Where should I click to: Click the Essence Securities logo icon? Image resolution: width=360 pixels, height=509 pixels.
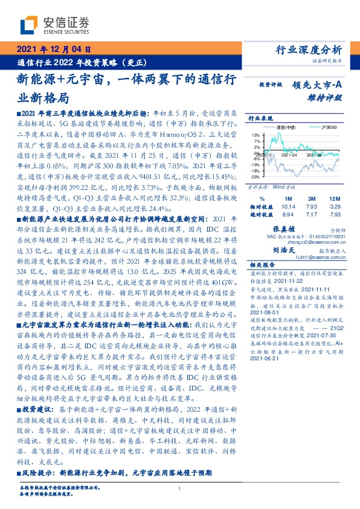pyautogui.click(x=28, y=26)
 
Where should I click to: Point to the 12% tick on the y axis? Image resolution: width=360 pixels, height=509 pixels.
pyautogui.click(x=256, y=135)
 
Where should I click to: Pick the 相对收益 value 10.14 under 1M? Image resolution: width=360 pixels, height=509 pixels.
pyautogui.click(x=287, y=206)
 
